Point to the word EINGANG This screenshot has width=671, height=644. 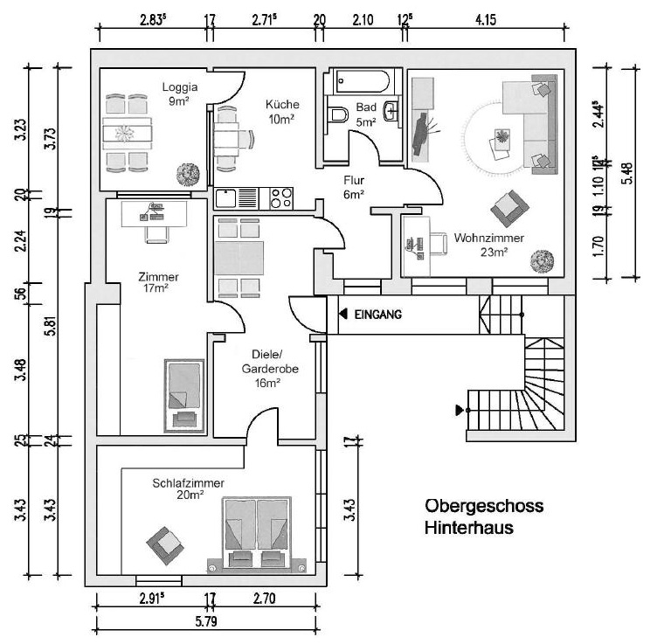click(x=377, y=315)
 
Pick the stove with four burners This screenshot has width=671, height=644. click(x=282, y=197)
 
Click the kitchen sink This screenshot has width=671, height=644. click(x=227, y=197)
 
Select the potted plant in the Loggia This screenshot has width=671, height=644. click(x=186, y=173)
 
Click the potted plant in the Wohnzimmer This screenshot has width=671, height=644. click(x=543, y=260)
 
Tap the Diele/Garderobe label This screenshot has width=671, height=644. click(x=270, y=368)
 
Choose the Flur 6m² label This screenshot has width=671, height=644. click(x=353, y=188)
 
